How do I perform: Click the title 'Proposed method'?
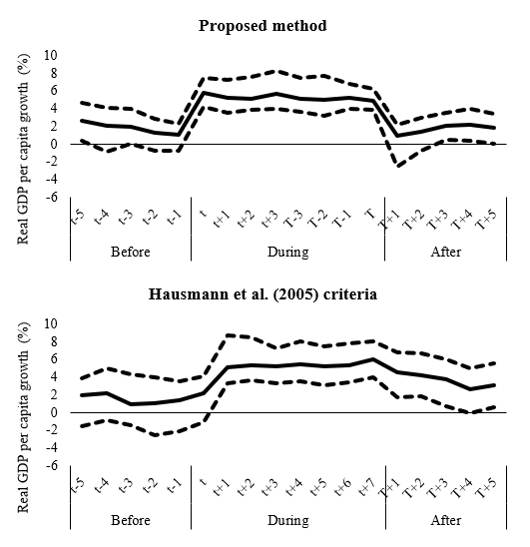[x=263, y=26]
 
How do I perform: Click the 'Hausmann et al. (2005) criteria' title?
[x=263, y=294]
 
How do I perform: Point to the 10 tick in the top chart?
[x=50, y=55]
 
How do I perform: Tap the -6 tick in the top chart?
[x=51, y=197]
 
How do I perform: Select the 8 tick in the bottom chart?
[x=54, y=341]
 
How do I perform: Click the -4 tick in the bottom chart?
[x=51, y=448]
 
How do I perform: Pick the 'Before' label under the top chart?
[x=131, y=252]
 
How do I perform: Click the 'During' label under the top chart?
[x=288, y=252]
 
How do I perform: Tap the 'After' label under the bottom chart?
[x=446, y=520]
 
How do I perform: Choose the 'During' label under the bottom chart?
[x=288, y=520]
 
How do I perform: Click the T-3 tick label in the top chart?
[x=293, y=219]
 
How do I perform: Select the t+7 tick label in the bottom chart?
[x=366, y=487]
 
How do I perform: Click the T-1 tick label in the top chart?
[x=341, y=219]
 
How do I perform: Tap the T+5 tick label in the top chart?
[x=486, y=220]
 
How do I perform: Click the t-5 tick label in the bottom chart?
[x=78, y=486]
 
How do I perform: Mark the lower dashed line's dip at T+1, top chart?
[x=398, y=166]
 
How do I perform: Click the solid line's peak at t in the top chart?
[x=204, y=93]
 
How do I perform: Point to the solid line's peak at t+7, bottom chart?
[x=372, y=359]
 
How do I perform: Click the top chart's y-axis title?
[x=23, y=149]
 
